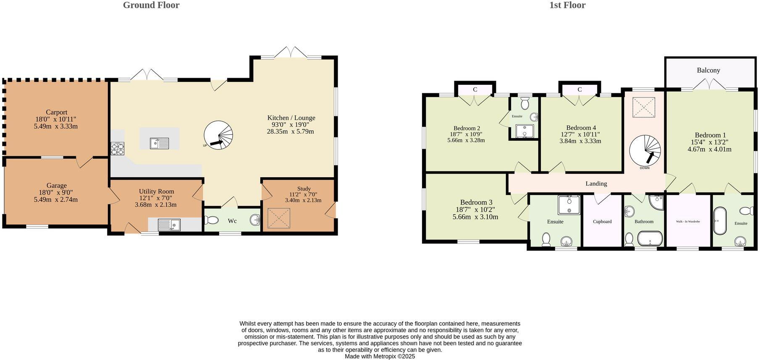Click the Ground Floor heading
point(151,5)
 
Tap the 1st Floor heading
point(567,5)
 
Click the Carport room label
point(56,112)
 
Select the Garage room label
point(56,185)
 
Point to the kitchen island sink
point(160,143)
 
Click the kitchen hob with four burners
point(118,149)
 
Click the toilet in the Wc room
point(212,220)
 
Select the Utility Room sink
point(169,225)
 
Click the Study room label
point(304,189)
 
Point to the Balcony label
point(708,70)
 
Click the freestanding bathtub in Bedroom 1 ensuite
point(719,220)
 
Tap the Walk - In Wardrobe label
point(688,221)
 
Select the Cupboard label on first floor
point(602,221)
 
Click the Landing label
point(596,184)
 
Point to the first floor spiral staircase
point(645,150)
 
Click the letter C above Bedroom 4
point(579,89)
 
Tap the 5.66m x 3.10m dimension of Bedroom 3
point(475,217)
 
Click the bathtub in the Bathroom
point(650,239)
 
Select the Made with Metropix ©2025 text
point(380,356)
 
